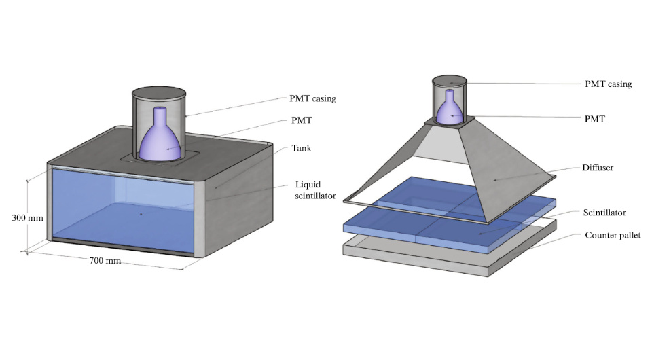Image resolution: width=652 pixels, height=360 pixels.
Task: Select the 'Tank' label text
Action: tap(301, 148)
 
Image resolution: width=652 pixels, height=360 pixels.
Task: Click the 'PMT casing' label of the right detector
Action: tap(608, 84)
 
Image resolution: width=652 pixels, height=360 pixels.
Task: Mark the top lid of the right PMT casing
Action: tap(450, 81)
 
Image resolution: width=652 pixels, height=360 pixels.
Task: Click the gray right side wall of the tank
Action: tap(224, 204)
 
